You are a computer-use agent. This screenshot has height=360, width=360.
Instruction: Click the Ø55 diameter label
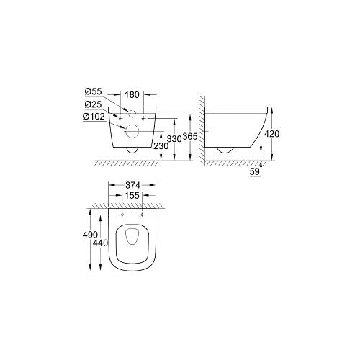pos(94,91)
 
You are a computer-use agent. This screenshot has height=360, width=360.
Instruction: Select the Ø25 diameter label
pos(93,104)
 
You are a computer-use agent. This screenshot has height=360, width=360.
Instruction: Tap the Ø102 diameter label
pos(94,117)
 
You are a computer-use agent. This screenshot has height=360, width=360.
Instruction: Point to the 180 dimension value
pos(132,95)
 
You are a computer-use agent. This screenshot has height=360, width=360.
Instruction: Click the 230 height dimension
pos(161,145)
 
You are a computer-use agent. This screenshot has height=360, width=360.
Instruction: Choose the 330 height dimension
pos(174,138)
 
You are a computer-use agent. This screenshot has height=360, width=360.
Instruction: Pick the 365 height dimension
pos(190,137)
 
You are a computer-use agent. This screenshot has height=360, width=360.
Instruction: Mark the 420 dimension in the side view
pos(271,134)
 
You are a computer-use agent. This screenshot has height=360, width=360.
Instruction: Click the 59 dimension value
pos(255,172)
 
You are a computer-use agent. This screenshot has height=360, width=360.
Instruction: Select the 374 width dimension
pos(132,185)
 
